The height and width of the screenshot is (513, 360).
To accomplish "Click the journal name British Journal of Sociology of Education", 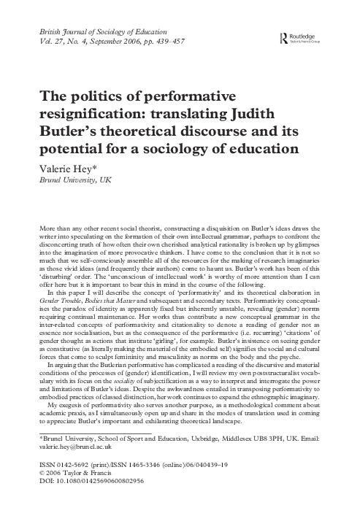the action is [x=105, y=32].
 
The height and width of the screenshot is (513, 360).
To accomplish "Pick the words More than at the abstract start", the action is [x=39, y=229].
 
